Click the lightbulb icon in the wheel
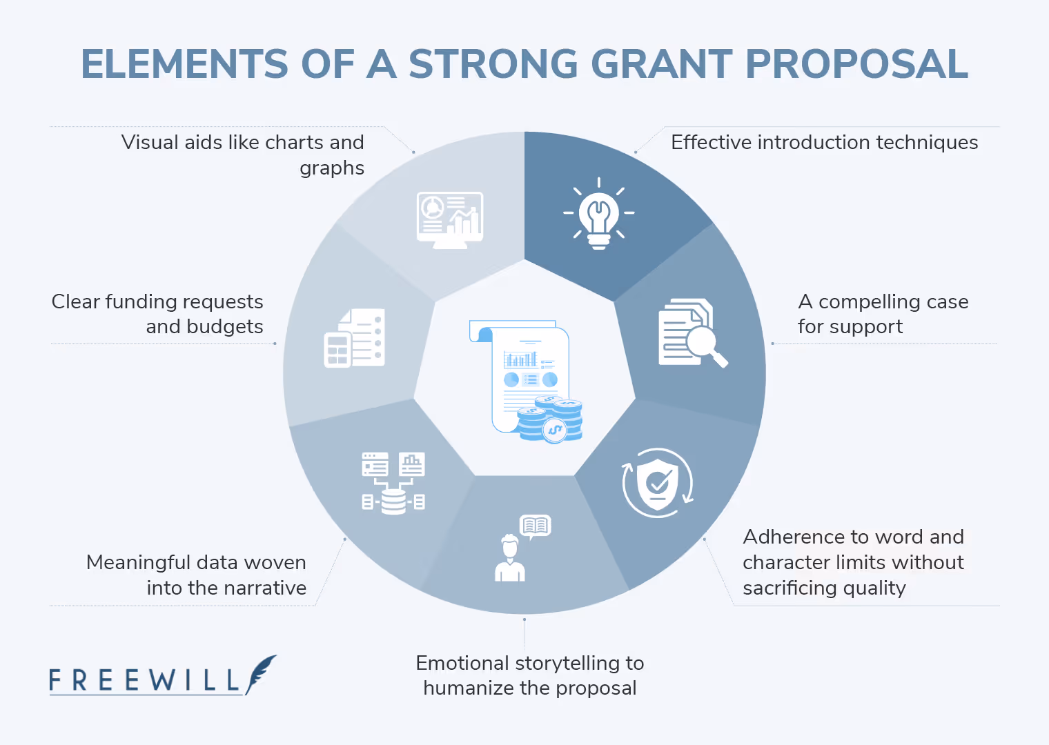[x=598, y=214]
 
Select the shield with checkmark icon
[x=658, y=483]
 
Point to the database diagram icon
[x=393, y=483]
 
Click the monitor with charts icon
[x=450, y=219]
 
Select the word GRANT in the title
[x=661, y=64]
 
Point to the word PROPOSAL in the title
[x=856, y=64]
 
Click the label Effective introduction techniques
[x=824, y=142]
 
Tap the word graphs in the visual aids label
[x=332, y=168]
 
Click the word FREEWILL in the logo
[x=144, y=680]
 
